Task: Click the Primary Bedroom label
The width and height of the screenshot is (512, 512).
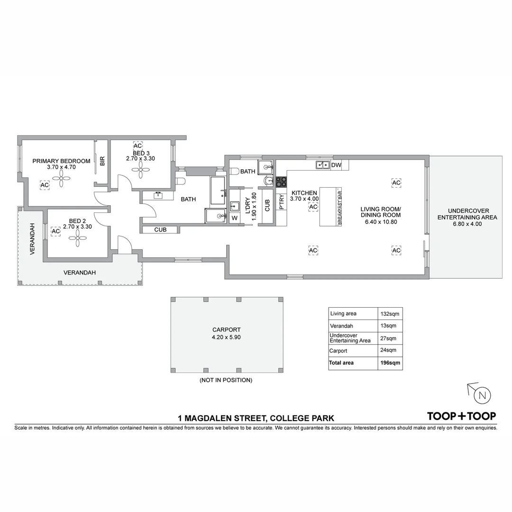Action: (61, 161)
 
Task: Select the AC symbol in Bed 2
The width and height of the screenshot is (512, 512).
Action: (56, 231)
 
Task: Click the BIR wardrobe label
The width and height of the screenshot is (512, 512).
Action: (102, 161)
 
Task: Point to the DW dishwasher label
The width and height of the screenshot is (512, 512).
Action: (336, 165)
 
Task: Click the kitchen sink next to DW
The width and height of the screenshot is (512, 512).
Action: (323, 165)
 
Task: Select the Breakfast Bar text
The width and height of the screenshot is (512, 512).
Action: (339, 208)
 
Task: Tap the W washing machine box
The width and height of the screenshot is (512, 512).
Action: (235, 219)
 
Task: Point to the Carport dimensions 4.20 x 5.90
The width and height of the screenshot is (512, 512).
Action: (227, 337)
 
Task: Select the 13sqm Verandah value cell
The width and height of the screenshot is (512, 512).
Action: (388, 326)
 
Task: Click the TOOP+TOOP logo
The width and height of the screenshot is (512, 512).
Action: (461, 416)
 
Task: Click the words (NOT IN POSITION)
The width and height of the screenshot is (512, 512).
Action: (226, 380)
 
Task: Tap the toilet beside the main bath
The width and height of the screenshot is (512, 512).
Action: (181, 181)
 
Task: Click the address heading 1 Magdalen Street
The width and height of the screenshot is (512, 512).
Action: (256, 418)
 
